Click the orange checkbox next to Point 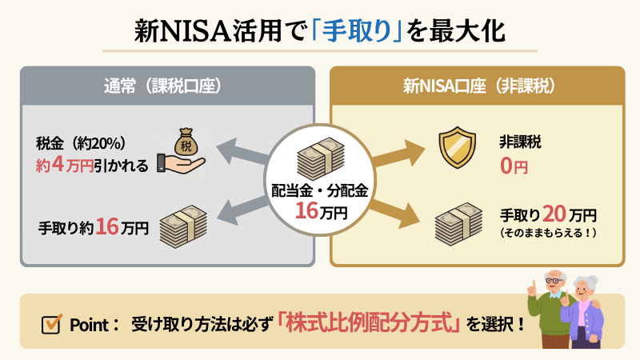point(52,325)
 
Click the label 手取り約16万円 point(94,227)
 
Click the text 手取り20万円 point(549,214)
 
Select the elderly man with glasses point(550,308)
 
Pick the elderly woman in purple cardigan point(588,312)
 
